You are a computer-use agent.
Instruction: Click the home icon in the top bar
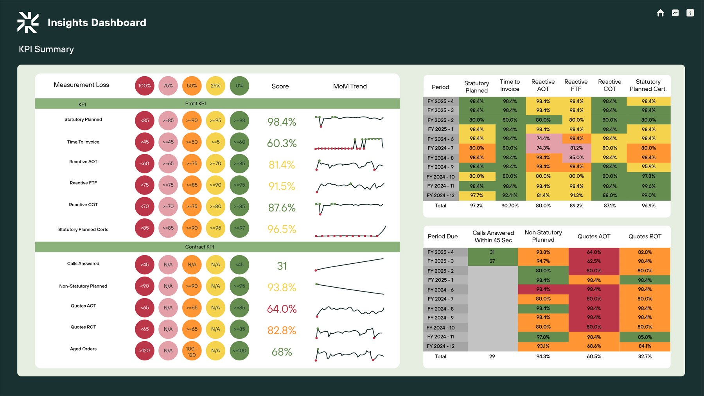[660, 13]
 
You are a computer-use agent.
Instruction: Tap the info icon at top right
[690, 13]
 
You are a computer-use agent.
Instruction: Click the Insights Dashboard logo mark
[28, 22]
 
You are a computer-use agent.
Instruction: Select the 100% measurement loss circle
[144, 86]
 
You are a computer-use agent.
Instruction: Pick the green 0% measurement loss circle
[239, 86]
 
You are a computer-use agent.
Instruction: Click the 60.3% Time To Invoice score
[282, 143]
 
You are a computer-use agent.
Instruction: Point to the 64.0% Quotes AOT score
[282, 309]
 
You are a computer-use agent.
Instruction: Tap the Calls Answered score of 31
[282, 266]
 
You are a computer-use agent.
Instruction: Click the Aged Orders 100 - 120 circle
[192, 351]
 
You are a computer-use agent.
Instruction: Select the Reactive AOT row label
[83, 162]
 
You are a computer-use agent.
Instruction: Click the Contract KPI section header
[199, 247]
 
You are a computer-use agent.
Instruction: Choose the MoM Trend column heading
[350, 86]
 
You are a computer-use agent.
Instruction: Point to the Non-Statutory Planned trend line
[350, 289]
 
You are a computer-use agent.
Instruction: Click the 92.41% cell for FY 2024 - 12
[510, 195]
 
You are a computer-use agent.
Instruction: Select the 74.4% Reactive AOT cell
[543, 139]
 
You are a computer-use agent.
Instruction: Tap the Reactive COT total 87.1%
[609, 205]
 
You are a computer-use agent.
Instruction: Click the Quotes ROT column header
[645, 236]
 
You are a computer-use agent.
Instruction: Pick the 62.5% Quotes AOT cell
[594, 261]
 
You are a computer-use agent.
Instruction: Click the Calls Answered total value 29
[492, 356]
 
